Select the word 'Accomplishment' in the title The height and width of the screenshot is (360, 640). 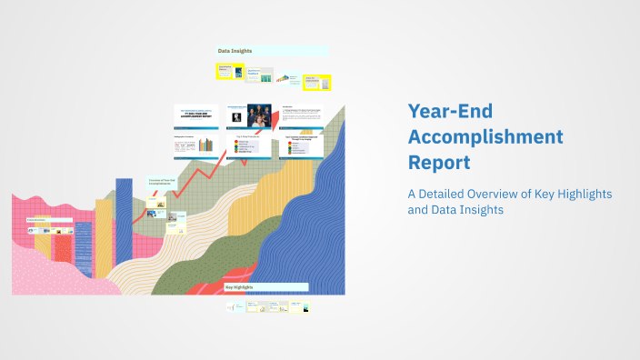click(485, 137)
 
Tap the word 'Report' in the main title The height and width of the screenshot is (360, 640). click(439, 164)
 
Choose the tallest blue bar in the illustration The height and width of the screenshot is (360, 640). click(124, 227)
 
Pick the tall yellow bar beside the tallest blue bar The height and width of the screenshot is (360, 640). click(104, 241)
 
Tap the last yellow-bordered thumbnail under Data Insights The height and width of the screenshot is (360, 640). click(316, 83)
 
